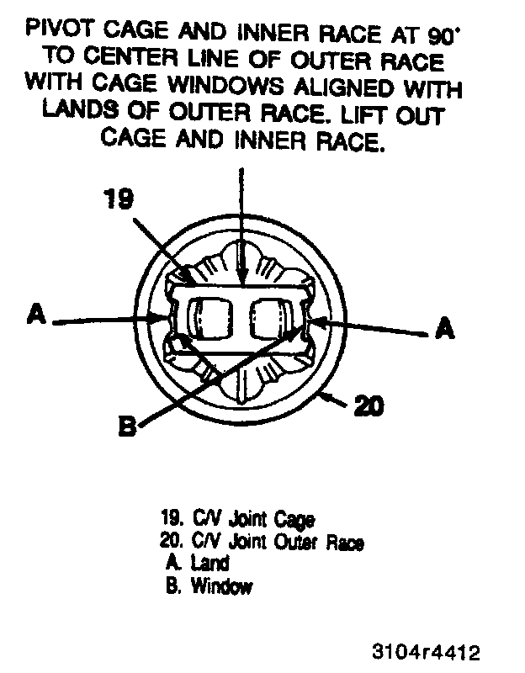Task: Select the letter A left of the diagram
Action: (35, 315)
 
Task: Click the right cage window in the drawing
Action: (268, 318)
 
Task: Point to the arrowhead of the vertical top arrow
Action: (241, 278)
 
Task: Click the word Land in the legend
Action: (209, 563)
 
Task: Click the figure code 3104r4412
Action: (427, 653)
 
